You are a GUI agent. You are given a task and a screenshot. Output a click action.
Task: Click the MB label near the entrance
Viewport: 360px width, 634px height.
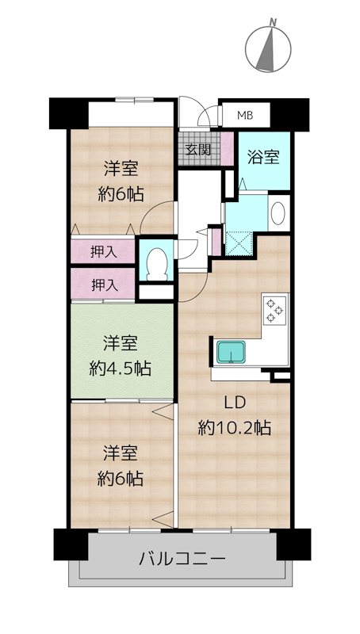[x=245, y=115]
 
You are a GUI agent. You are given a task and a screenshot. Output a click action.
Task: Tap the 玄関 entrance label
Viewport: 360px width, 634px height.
[x=198, y=150]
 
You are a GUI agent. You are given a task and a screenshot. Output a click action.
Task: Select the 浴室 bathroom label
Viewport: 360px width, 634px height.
[x=265, y=157]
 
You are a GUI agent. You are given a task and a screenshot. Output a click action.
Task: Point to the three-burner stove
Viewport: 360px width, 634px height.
[x=275, y=310]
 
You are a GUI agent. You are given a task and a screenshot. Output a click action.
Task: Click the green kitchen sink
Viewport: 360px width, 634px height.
[x=231, y=352]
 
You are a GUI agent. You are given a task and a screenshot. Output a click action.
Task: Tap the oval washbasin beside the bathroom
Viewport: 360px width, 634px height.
[x=278, y=213]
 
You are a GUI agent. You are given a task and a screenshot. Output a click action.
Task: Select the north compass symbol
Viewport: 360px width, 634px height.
[x=268, y=49]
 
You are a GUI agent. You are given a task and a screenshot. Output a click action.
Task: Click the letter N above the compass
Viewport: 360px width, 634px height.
[x=274, y=22]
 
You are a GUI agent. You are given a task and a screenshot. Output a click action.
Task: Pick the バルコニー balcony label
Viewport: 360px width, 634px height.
[x=182, y=559]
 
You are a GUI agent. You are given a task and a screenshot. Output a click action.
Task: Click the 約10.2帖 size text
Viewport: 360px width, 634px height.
[x=234, y=428]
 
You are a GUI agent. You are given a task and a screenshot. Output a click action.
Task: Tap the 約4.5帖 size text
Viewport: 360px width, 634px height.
[x=121, y=369]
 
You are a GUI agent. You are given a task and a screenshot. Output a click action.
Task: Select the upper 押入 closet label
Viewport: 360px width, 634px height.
[x=104, y=252]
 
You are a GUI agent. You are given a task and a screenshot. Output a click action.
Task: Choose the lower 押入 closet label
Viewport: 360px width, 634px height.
[x=105, y=285]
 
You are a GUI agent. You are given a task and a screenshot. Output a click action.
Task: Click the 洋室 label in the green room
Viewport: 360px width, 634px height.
[x=121, y=345]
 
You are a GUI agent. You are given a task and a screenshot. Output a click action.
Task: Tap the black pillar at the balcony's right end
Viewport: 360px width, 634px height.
[x=293, y=544]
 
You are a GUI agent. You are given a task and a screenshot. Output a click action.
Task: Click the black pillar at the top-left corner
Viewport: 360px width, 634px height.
[x=69, y=113]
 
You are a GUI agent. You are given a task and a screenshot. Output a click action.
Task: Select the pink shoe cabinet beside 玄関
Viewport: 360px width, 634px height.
[x=227, y=149]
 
